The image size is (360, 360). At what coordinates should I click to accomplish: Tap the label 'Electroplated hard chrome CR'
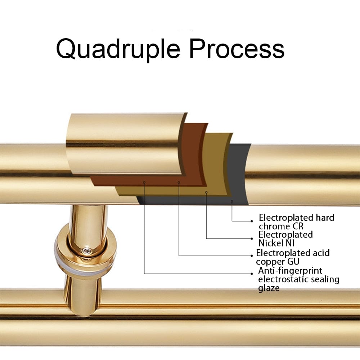tap(297, 222)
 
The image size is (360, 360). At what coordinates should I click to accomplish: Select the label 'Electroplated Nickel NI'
tap(286, 239)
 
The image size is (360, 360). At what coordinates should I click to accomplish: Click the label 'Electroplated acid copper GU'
tap(292, 257)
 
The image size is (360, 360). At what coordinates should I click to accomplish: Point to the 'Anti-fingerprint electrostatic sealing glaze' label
tap(298, 279)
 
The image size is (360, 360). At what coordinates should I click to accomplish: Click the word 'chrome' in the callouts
tap(274, 226)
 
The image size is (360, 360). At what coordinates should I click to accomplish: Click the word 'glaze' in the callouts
tap(269, 288)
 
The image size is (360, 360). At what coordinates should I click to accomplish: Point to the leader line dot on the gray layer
tap(232, 201)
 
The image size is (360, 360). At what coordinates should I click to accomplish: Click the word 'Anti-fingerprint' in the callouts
tap(290, 270)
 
